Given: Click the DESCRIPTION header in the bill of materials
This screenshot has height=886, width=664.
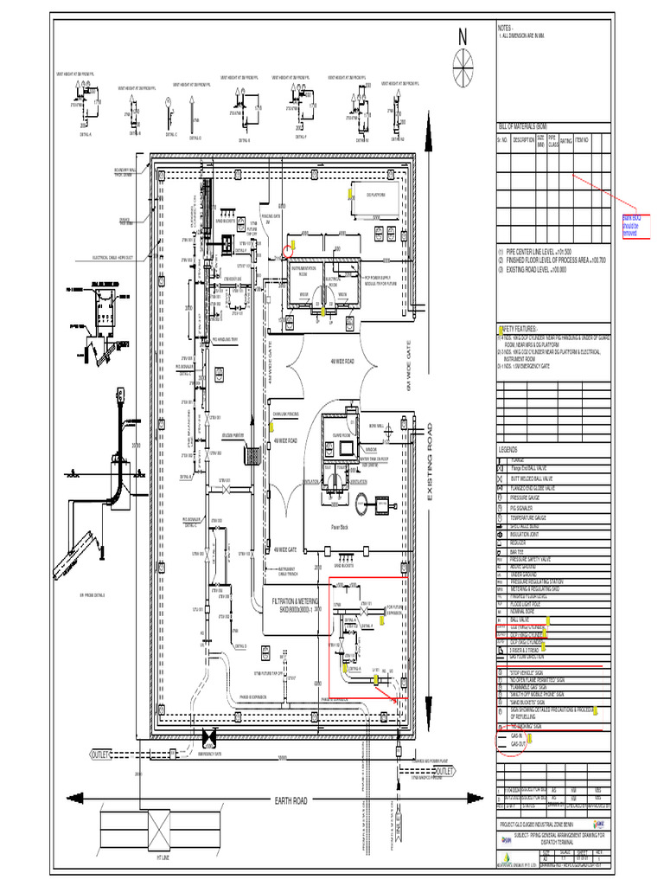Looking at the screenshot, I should pos(523,140).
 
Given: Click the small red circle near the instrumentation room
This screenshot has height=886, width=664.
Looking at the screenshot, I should pos(288,252).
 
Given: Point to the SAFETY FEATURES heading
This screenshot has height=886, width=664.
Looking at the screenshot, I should pos(520,329).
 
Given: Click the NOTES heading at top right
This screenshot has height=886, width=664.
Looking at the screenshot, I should pos(506,27).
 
